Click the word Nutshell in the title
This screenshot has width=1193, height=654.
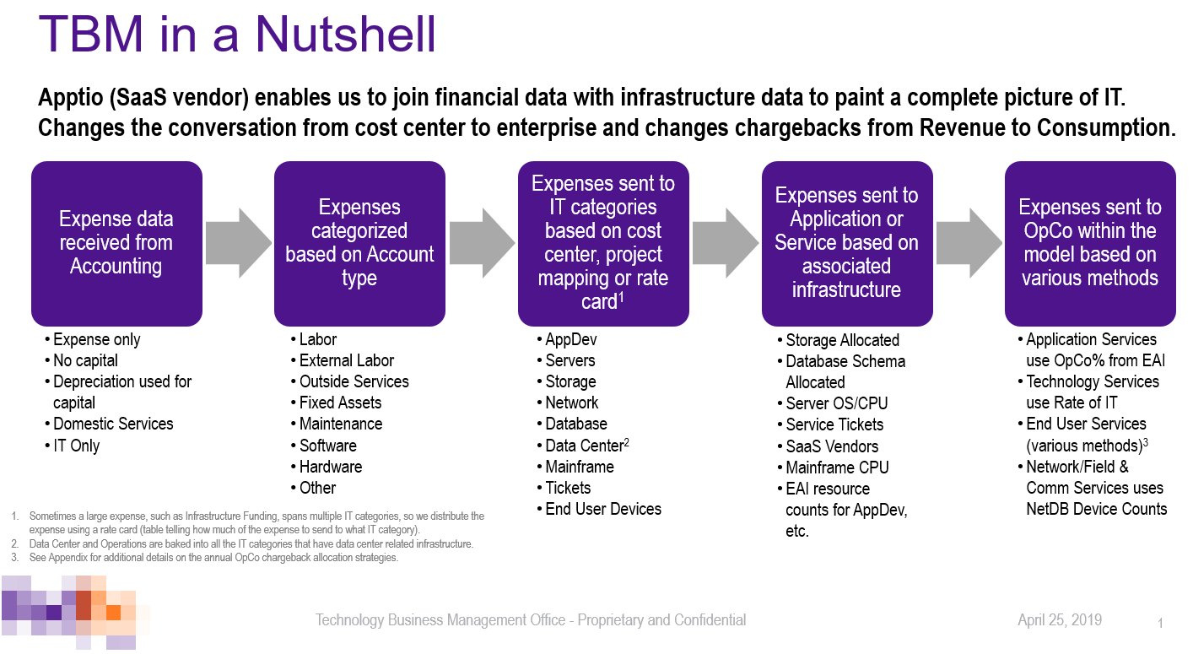pos(346,34)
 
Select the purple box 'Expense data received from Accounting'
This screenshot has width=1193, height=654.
pos(116,243)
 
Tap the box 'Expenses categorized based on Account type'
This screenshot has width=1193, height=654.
pos(359,243)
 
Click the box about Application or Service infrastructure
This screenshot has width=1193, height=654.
pos(847,243)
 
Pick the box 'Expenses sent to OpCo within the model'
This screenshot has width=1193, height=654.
pos(1090,243)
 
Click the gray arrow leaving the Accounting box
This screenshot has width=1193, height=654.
pos(238,243)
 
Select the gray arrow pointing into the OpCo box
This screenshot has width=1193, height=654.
pos(969,243)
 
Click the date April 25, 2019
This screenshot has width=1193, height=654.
pos(1060,620)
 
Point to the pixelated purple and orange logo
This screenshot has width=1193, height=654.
pos(75,613)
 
